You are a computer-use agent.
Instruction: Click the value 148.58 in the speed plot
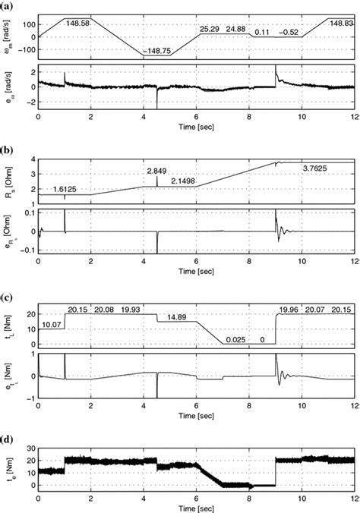pos(77,24)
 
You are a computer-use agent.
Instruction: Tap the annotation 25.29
pos(210,29)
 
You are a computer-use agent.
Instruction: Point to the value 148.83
pos(339,24)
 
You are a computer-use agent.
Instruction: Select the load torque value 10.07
pos(52,325)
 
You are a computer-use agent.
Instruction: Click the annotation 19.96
pos(289,310)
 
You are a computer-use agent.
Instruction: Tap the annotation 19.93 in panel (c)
pos(131,310)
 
